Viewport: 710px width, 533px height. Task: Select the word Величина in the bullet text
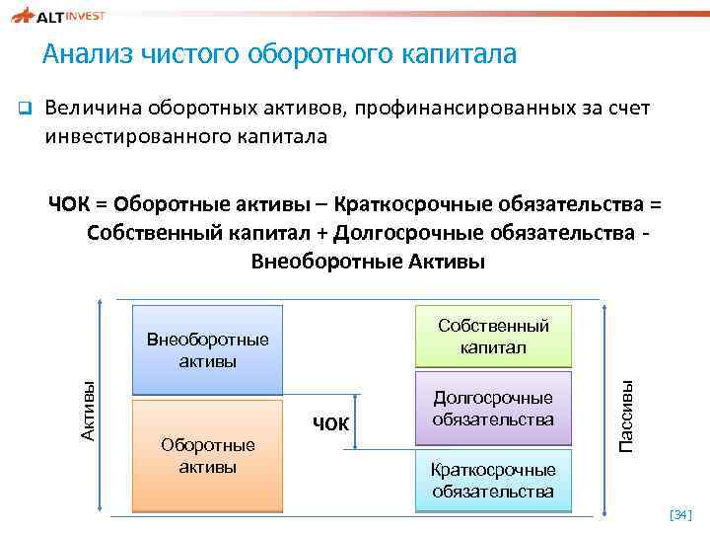tap(93, 107)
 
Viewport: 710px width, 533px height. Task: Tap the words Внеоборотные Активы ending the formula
tap(369, 262)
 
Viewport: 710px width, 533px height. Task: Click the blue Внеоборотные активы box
tap(208, 349)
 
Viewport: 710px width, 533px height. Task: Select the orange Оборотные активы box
tap(208, 456)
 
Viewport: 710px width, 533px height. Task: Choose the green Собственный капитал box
tap(493, 336)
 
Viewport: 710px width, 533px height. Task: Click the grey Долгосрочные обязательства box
tap(493, 408)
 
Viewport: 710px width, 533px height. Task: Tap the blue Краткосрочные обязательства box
tap(493, 481)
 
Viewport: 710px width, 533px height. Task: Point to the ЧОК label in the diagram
tap(330, 424)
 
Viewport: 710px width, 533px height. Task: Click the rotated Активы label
tap(88, 411)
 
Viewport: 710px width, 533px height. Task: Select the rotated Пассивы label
tap(626, 416)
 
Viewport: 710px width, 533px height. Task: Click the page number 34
tap(680, 514)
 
